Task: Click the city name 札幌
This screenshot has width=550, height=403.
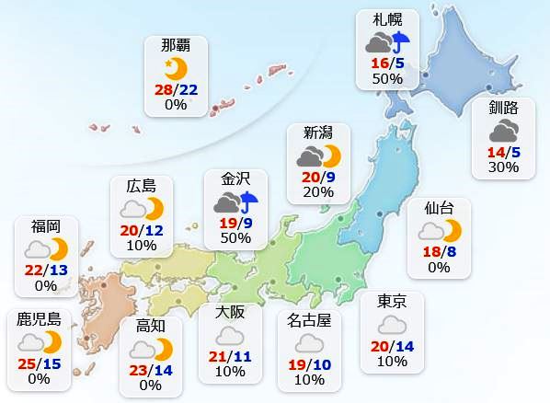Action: (387, 19)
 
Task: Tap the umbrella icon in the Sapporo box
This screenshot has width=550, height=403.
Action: (400, 42)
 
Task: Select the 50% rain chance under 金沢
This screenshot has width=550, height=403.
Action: (236, 237)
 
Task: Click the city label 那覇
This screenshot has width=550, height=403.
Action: (176, 45)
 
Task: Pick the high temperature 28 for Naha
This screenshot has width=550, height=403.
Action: (163, 88)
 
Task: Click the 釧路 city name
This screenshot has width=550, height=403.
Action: (504, 107)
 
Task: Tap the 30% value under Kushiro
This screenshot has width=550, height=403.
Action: (504, 167)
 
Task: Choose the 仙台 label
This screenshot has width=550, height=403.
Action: (439, 208)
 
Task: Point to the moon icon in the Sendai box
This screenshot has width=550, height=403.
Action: (451, 230)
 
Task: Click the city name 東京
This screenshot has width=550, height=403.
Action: (392, 301)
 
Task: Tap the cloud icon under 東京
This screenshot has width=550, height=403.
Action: (392, 324)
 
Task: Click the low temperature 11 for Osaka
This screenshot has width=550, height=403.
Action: (242, 355)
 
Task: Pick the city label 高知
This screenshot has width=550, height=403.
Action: (151, 326)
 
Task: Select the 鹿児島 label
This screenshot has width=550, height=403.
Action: (39, 319)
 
